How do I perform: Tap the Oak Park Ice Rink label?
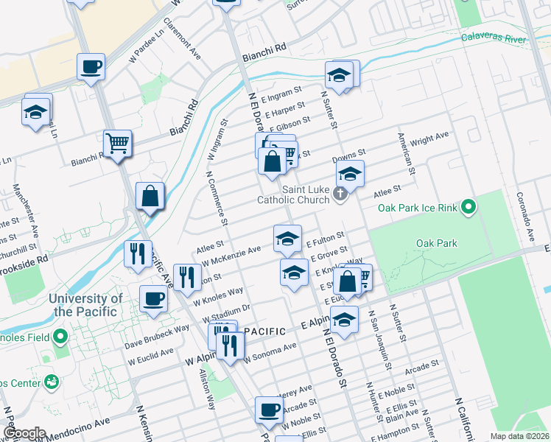418,208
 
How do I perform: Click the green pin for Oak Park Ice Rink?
468,208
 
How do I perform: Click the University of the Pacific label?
86,305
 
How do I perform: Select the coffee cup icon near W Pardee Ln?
91,66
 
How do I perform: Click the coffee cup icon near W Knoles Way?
153,298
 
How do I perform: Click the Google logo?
24,433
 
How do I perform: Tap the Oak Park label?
437,243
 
